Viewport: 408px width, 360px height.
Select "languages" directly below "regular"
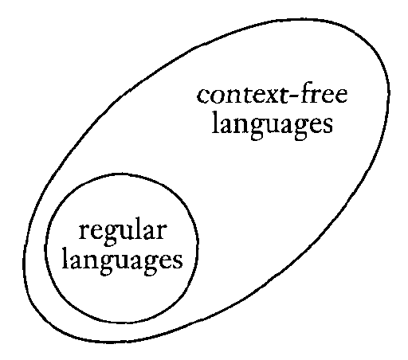123,262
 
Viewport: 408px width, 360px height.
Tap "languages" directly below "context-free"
273,127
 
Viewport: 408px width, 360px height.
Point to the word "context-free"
272,95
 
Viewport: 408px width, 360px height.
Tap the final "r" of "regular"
162,233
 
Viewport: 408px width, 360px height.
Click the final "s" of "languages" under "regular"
178,262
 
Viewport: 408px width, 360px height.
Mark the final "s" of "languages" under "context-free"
328,127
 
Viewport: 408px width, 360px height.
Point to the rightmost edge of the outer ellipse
389,93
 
